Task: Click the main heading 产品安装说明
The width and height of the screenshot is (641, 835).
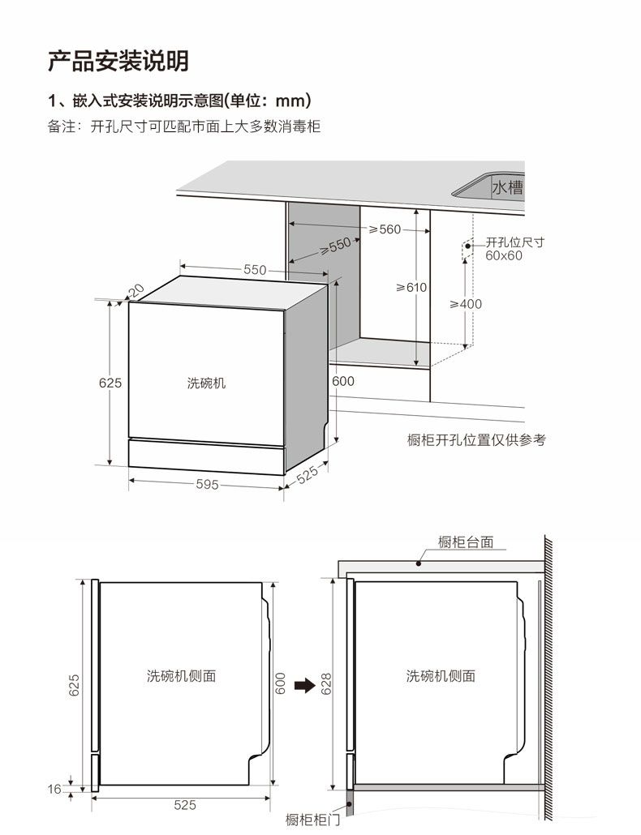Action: click(x=118, y=61)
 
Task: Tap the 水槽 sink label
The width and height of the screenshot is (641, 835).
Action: click(x=507, y=187)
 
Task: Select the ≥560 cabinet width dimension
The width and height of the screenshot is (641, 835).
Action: click(x=385, y=229)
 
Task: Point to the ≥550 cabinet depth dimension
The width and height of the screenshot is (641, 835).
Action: click(x=336, y=246)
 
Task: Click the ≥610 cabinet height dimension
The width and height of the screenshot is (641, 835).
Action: click(x=411, y=288)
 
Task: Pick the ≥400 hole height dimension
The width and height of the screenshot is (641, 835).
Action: click(x=466, y=304)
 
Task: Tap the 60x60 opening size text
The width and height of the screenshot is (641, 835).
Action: click(x=504, y=255)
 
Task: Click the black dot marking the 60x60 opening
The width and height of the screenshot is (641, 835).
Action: click(x=468, y=246)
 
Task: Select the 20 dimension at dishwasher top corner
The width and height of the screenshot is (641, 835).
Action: click(x=136, y=291)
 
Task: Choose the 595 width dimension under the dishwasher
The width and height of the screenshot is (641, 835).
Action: click(x=207, y=484)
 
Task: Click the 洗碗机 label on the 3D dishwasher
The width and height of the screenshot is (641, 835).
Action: click(x=207, y=383)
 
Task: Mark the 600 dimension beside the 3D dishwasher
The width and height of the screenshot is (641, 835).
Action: click(x=342, y=381)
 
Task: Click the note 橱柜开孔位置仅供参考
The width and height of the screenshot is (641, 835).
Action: click(x=476, y=440)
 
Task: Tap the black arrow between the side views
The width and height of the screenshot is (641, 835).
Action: click(x=305, y=685)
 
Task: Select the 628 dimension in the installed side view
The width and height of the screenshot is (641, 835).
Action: click(x=326, y=683)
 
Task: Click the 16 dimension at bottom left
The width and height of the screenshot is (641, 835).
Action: click(x=54, y=789)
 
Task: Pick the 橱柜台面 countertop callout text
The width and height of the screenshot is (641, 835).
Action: click(x=466, y=542)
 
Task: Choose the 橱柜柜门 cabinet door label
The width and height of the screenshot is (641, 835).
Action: click(x=312, y=820)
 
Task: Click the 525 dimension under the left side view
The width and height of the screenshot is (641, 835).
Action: click(x=185, y=805)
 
